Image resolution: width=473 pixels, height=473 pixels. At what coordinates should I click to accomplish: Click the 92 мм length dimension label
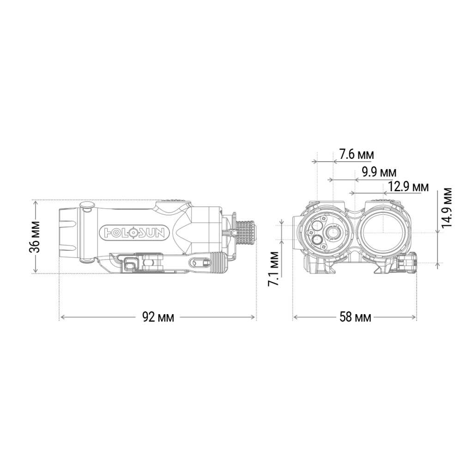pyautogui.click(x=158, y=317)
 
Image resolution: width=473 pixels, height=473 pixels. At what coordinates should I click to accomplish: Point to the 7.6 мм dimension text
pyautogui.click(x=356, y=154)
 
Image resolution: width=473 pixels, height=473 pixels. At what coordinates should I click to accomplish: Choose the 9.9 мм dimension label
pyautogui.click(x=379, y=172)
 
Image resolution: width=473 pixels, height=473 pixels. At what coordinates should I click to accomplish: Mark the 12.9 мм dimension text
pyautogui.click(x=408, y=187)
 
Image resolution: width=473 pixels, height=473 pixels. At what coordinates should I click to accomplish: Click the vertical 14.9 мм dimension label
pyautogui.click(x=446, y=208)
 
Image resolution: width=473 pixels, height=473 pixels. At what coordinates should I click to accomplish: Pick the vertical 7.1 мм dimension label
pyautogui.click(x=273, y=269)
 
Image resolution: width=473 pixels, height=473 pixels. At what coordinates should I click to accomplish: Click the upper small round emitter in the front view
pyautogui.click(x=317, y=225)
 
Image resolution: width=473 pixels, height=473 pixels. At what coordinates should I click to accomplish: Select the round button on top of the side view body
pyautogui.click(x=87, y=206)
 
